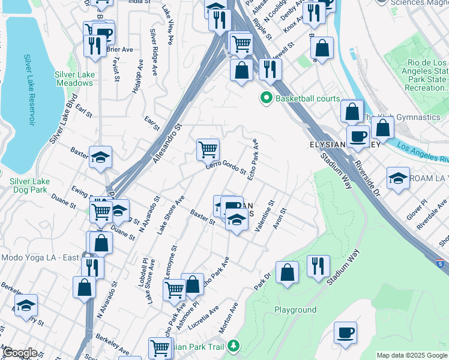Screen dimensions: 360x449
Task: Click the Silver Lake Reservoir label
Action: (x=28, y=89)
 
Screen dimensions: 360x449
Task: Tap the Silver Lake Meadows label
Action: (x=75, y=79)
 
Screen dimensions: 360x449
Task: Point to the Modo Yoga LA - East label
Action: (x=40, y=257)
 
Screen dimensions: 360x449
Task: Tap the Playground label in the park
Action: (x=295, y=310)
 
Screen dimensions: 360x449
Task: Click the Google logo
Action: (x=19, y=353)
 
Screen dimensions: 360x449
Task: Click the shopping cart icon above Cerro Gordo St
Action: (x=208, y=149)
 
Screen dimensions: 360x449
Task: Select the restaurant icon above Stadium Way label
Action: (x=318, y=266)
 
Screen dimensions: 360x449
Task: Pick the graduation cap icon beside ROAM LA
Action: (x=398, y=179)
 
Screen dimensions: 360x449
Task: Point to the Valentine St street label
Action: (x=264, y=220)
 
